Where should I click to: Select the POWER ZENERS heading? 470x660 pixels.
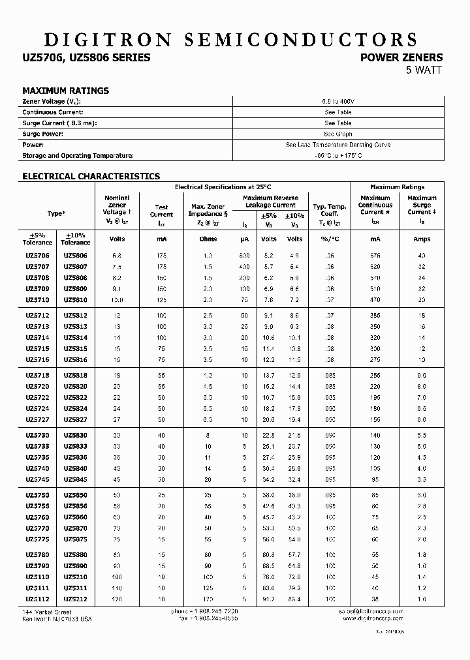[401, 58]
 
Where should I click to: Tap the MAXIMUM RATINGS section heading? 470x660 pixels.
[65, 91]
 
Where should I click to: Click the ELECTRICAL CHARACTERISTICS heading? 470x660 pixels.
[91, 176]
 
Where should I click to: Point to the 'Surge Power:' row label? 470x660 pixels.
[44, 134]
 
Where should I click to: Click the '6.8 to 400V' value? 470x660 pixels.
[338, 101]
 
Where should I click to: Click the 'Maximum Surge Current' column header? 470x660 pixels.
[422, 205]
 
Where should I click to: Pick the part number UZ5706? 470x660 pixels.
[37, 256]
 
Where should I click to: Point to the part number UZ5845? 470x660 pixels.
[75, 480]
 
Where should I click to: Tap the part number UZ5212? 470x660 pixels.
[75, 599]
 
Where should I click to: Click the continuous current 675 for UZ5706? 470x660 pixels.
[375, 256]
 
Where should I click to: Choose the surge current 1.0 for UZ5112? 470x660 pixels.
[422, 599]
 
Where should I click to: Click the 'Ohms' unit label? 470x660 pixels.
[208, 239]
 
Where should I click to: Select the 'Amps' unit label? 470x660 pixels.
[422, 239]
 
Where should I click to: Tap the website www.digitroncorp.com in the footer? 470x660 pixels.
[372, 618]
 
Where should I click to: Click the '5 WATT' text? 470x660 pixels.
[424, 70]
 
